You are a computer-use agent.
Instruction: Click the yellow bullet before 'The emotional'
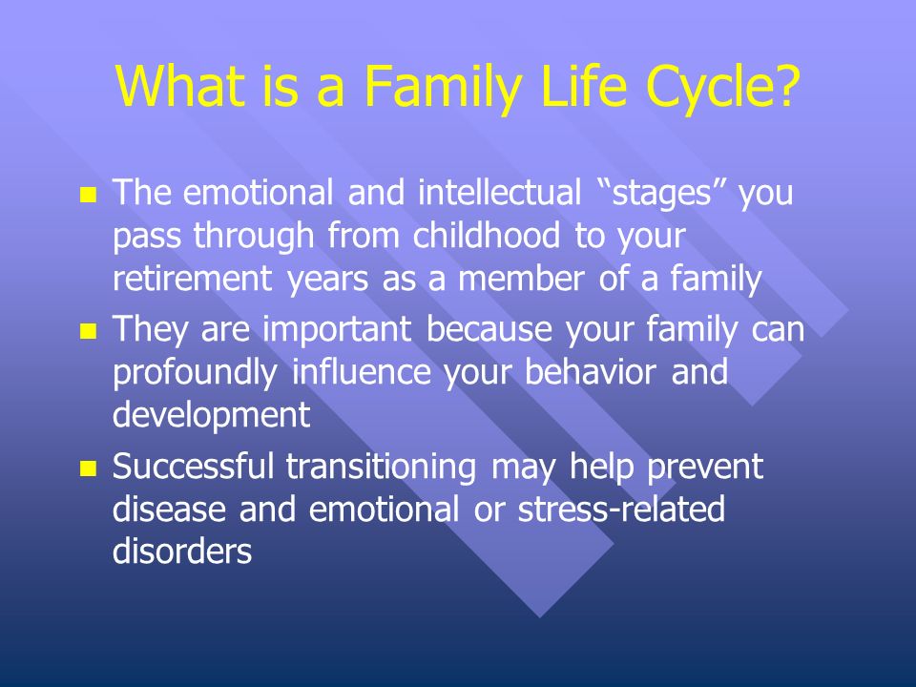(x=88, y=195)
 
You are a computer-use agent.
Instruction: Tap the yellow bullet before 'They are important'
(x=88, y=332)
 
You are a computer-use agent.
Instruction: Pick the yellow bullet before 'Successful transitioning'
(x=88, y=468)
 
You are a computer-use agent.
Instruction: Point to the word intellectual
(x=500, y=192)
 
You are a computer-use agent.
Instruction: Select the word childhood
(x=487, y=235)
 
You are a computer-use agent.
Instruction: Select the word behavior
(x=591, y=371)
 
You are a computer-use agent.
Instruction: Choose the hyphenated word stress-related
(x=621, y=509)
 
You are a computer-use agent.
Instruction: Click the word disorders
(x=182, y=551)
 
